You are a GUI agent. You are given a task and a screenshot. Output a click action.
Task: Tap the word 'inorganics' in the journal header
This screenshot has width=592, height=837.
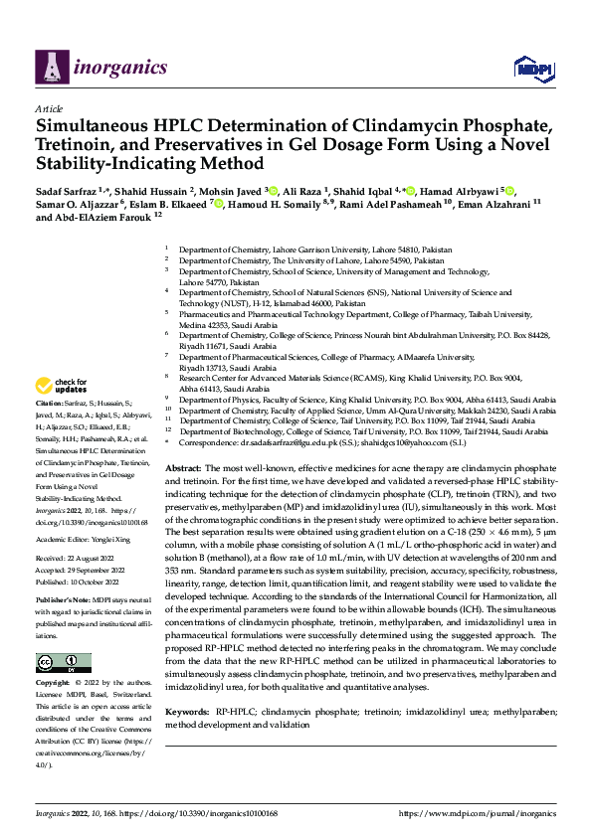pyautogui.click(x=108, y=67)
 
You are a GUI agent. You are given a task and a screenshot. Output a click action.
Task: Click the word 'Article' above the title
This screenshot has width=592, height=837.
pyautogui.click(x=48, y=108)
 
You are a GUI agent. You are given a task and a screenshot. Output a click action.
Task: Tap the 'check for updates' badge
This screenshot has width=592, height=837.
pyautogui.click(x=64, y=386)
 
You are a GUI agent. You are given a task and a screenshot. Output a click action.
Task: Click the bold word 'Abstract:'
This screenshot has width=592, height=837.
pyautogui.click(x=183, y=467)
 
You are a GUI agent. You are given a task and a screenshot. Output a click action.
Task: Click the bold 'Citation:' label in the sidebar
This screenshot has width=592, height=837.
pyautogui.click(x=52, y=416)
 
